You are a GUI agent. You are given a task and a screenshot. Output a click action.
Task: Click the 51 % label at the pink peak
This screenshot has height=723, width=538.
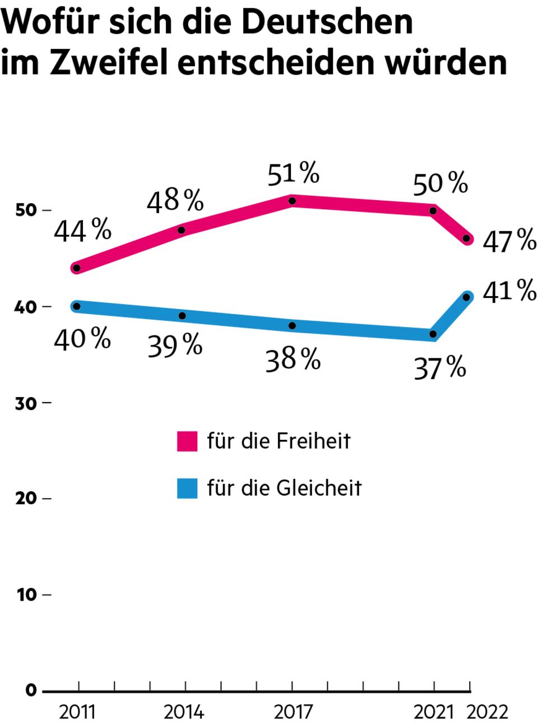tap(293, 173)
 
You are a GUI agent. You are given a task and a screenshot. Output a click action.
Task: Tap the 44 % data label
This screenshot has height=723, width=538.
tap(82, 230)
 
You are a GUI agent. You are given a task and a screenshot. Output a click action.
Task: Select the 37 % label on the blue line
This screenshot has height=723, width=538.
tap(440, 368)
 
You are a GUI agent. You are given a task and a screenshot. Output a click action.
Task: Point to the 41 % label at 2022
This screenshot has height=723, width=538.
tap(509, 291)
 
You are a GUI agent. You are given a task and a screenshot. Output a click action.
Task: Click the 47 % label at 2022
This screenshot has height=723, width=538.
tap(509, 241)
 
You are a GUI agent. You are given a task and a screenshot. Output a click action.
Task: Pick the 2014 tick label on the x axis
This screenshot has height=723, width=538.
tap(184, 712)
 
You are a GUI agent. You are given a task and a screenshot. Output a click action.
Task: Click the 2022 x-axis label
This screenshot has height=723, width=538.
tap(488, 712)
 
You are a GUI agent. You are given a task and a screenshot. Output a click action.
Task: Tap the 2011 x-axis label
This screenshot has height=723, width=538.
tap(77, 712)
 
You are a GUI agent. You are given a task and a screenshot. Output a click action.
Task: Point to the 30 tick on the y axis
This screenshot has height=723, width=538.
tap(26, 403)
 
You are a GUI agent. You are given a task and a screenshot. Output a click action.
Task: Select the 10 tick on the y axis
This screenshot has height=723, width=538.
tap(26, 595)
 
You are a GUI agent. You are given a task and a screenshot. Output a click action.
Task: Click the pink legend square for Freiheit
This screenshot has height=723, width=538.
tap(187, 441)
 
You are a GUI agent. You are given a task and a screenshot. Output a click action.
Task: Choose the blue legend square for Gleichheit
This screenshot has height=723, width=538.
tap(187, 489)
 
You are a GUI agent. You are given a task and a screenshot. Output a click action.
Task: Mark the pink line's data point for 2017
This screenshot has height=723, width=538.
tap(292, 201)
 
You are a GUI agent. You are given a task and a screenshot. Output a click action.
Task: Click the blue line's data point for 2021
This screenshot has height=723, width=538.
tap(433, 334)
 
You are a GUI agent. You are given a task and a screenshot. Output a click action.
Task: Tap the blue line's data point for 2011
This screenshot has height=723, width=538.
tap(77, 306)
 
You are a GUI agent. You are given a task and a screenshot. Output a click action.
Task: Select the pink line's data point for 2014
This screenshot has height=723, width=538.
tap(182, 230)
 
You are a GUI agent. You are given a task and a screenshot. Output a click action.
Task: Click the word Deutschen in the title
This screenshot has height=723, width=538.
tap(328, 21)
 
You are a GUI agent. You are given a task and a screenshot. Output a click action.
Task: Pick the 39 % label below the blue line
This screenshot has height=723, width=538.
tap(175, 346)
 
